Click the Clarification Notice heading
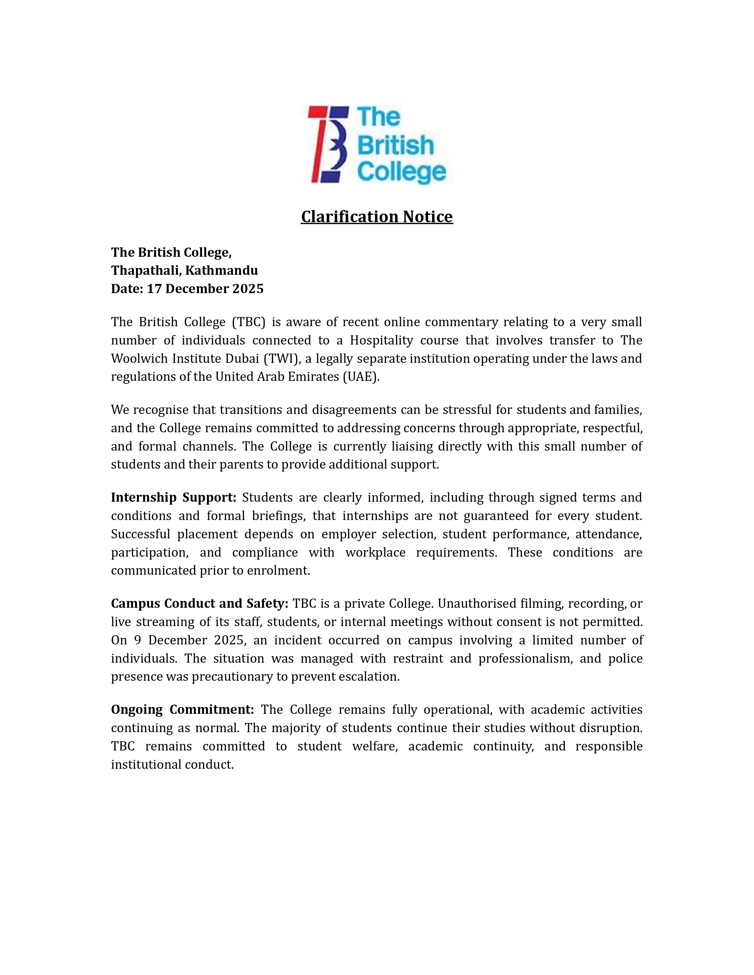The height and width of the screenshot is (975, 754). click(x=376, y=217)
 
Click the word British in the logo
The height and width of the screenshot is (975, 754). click(x=396, y=146)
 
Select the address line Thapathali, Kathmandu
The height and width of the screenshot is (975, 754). click(x=185, y=271)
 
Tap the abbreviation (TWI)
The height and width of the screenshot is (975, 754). click(x=281, y=358)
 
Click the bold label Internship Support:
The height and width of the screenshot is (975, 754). click(x=173, y=497)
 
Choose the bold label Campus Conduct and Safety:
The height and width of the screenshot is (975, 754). click(x=200, y=604)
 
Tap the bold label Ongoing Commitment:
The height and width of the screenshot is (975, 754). click(x=182, y=709)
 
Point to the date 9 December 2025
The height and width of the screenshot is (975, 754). click(x=190, y=640)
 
